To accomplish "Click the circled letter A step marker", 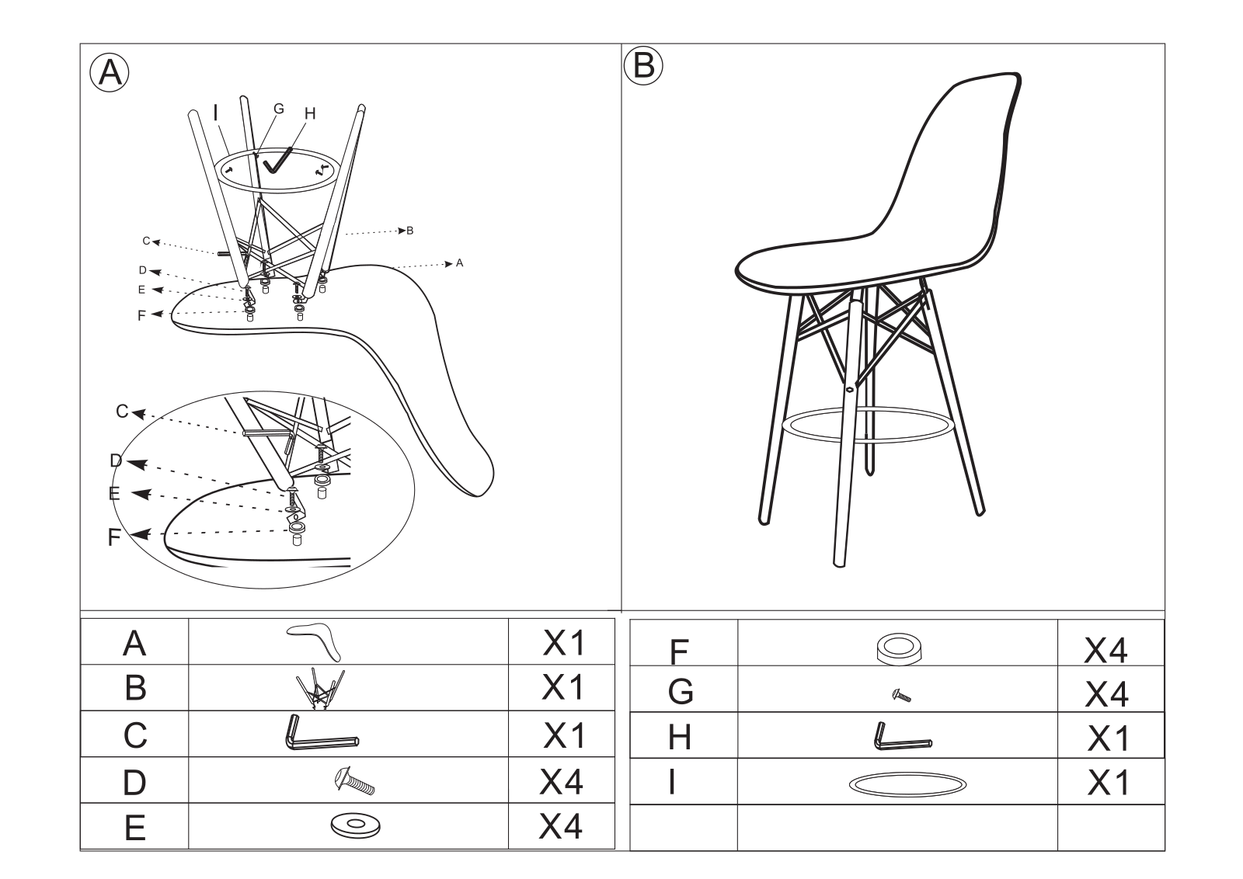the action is [110, 73].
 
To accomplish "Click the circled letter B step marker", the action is [643, 65].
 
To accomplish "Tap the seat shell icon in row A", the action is [315, 642].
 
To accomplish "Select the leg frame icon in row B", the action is [320, 689].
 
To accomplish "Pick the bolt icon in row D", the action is [354, 780].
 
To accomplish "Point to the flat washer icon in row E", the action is [355, 826].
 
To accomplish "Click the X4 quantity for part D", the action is [561, 782].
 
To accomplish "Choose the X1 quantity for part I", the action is [1108, 783].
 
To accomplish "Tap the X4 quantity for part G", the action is [1106, 694].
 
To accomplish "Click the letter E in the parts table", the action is [135, 828].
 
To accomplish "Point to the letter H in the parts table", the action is [680, 737].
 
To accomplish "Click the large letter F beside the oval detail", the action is [114, 537].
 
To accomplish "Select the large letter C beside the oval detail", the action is [122, 411].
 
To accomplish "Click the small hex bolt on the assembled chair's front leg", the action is [850, 389].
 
